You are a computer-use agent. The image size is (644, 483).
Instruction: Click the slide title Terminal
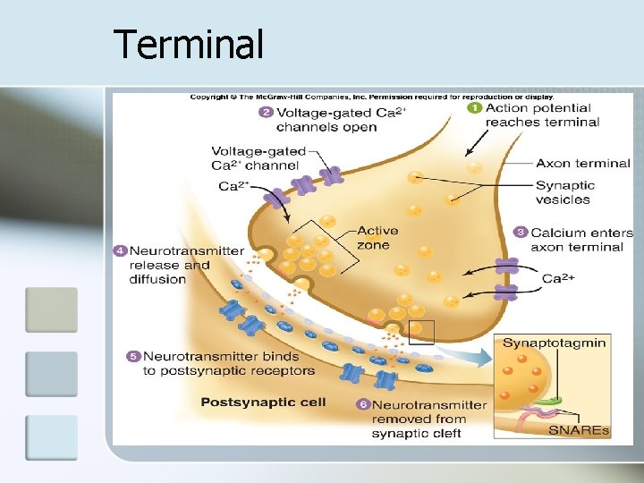click(x=189, y=44)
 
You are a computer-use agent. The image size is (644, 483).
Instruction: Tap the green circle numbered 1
click(x=475, y=107)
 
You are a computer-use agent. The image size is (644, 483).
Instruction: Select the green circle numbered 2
click(x=265, y=112)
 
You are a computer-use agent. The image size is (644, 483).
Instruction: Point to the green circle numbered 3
click(x=521, y=232)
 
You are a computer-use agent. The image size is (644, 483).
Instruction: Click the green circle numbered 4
click(x=120, y=250)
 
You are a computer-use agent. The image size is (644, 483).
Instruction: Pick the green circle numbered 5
click(x=133, y=356)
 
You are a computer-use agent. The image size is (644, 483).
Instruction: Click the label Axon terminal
click(x=583, y=164)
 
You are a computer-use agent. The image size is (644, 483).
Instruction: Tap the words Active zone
click(x=377, y=238)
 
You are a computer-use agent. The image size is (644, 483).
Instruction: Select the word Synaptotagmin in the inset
click(x=554, y=343)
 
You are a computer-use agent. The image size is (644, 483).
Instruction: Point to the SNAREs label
click(x=579, y=431)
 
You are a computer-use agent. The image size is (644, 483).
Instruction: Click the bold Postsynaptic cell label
click(x=262, y=402)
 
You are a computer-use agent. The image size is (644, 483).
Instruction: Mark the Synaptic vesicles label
click(x=565, y=192)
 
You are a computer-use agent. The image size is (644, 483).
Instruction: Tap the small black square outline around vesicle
click(x=420, y=332)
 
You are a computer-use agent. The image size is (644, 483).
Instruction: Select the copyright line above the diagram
click(x=371, y=97)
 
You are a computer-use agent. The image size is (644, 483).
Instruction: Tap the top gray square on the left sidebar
click(x=51, y=309)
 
